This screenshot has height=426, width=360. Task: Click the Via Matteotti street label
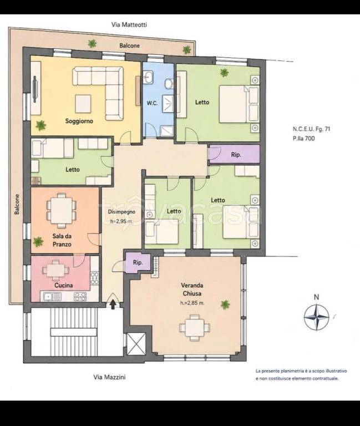click(129, 25)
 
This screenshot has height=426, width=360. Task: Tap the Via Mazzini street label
click(109, 377)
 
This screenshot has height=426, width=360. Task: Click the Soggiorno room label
click(79, 121)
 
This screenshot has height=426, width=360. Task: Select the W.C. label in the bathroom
click(152, 103)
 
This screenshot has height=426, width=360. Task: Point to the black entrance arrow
click(113, 304)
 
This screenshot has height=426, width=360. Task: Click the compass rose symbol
click(316, 317)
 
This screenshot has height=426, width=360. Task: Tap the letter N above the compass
click(316, 297)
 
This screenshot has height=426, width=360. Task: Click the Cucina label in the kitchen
click(64, 285)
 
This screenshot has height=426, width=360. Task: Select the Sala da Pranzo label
click(62, 240)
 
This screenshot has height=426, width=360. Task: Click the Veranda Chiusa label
click(192, 290)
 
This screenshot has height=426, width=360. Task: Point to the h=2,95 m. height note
click(121, 221)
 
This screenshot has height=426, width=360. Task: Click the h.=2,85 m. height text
click(192, 303)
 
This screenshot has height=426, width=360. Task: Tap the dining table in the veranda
click(195, 328)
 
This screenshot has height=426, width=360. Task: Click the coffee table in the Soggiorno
click(83, 104)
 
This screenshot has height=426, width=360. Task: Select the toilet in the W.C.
click(169, 83)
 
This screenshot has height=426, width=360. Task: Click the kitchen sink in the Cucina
click(51, 296)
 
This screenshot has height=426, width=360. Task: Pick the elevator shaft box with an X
click(136, 343)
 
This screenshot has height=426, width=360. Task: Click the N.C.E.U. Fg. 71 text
click(311, 129)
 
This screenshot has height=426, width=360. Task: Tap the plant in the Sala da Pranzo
click(38, 241)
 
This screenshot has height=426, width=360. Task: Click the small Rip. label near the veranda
click(138, 263)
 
